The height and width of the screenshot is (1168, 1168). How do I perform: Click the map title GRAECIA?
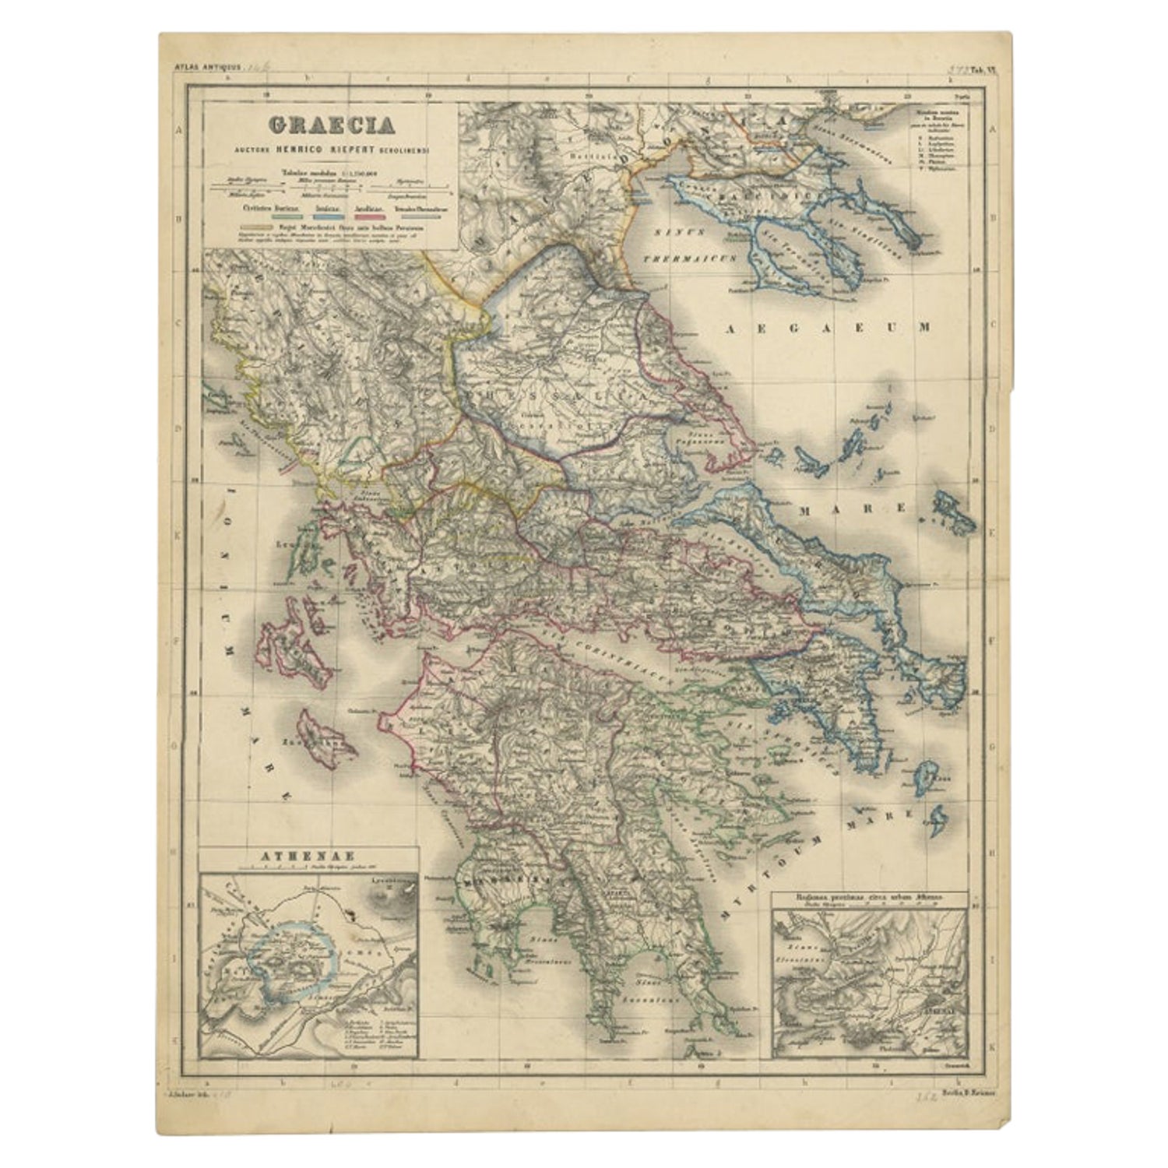(x=331, y=125)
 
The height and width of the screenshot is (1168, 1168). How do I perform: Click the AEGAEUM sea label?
(x=828, y=329)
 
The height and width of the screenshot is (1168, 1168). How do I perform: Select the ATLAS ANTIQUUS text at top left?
(x=200, y=69)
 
